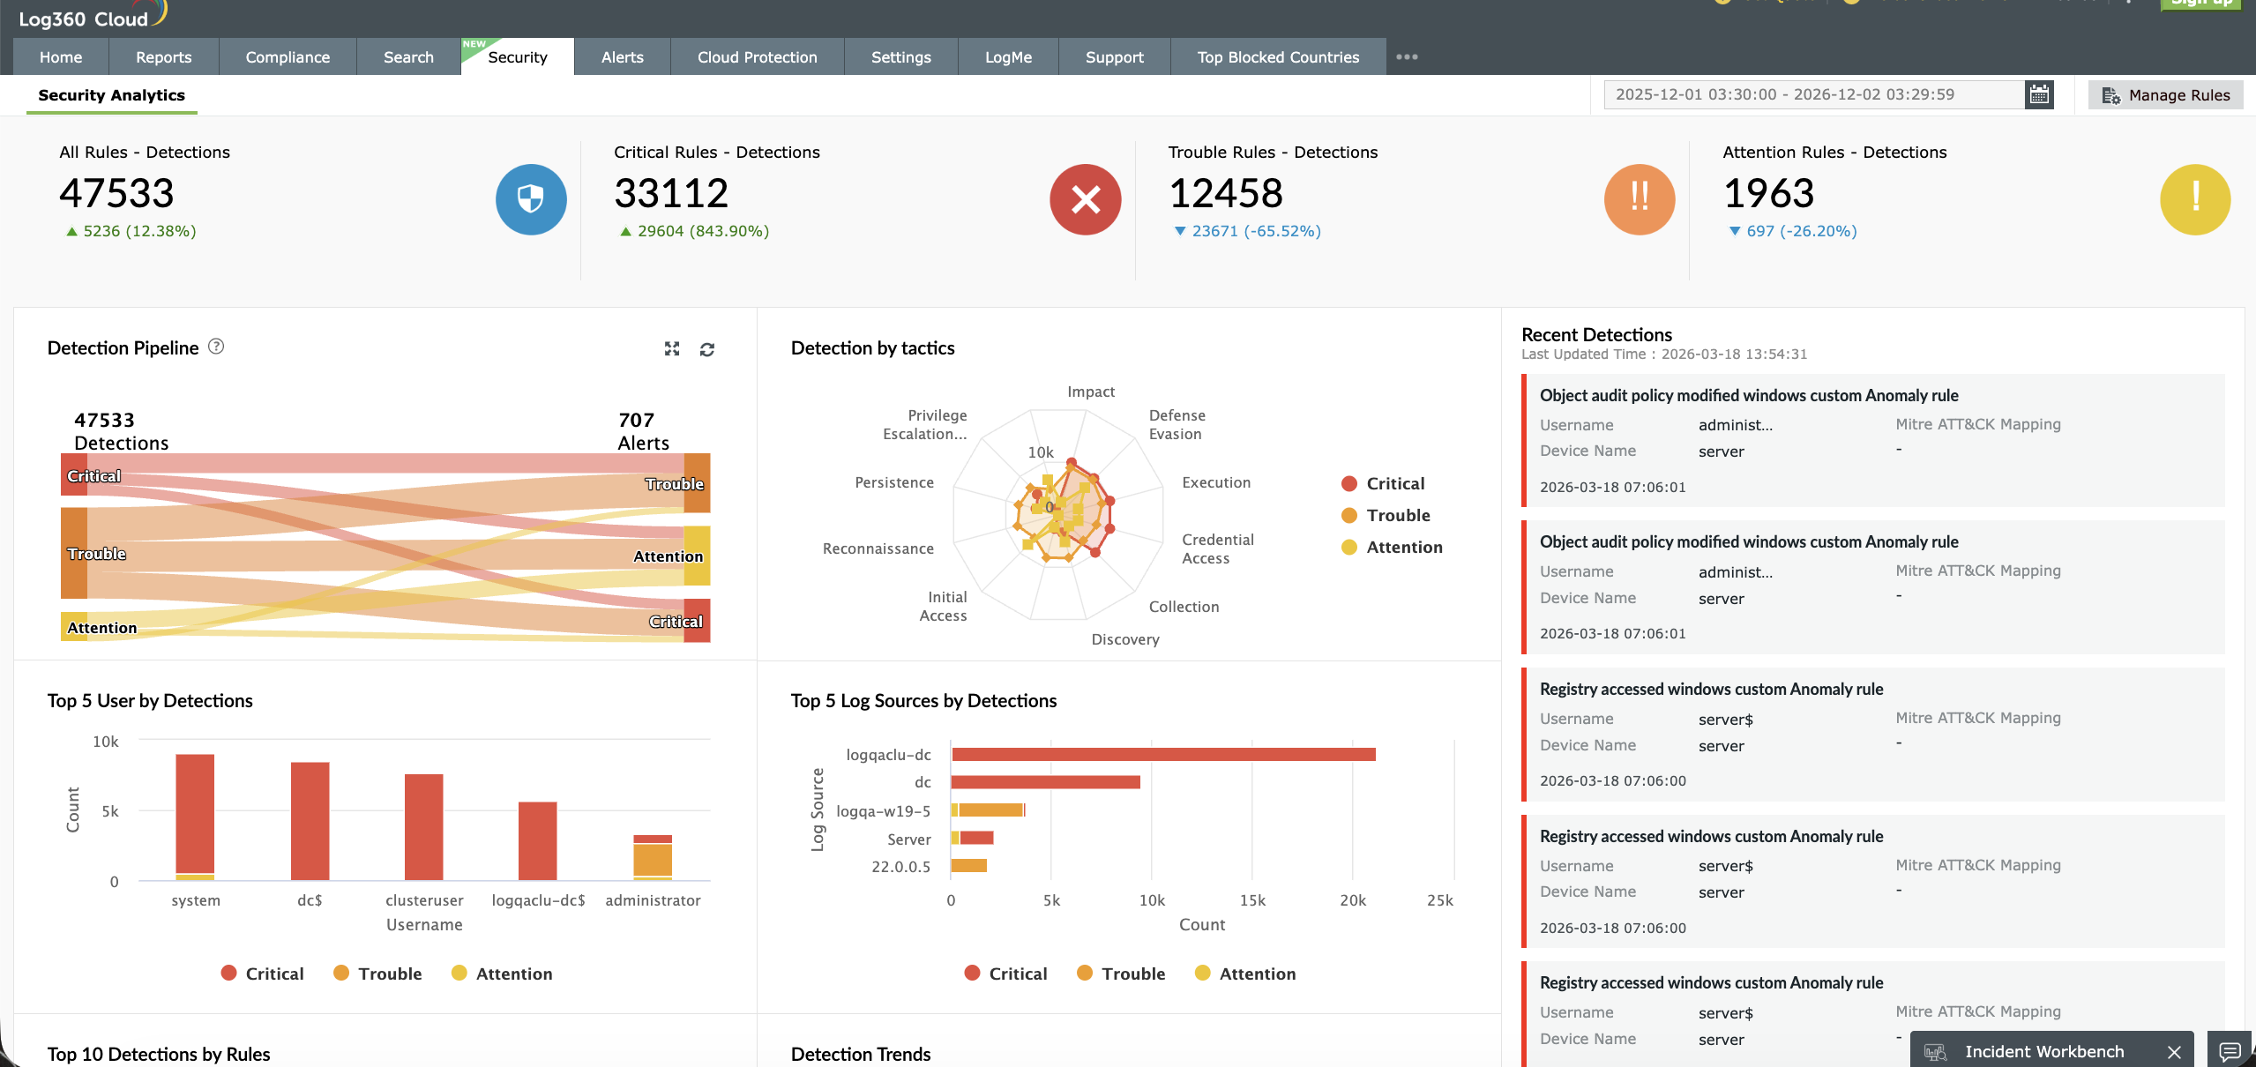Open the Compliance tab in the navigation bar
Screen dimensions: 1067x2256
click(x=288, y=57)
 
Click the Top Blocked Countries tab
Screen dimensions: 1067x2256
click(x=1277, y=57)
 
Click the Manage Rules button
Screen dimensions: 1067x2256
click(x=2165, y=95)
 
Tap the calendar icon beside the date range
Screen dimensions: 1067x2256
click(x=2038, y=94)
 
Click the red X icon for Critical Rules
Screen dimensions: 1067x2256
click(x=1085, y=199)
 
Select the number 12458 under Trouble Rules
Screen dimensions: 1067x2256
click(x=1225, y=193)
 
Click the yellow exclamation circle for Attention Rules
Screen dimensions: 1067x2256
click(x=2194, y=199)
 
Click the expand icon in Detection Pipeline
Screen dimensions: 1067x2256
click(x=672, y=349)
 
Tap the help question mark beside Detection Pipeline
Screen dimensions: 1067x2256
click(x=216, y=347)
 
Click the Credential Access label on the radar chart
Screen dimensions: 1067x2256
click(x=1216, y=548)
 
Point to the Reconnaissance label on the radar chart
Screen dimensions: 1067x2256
click(x=878, y=548)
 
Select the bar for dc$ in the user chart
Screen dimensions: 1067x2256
click(x=310, y=820)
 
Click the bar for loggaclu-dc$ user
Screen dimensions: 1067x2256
click(x=537, y=840)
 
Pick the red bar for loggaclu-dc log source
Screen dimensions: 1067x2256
click(x=1162, y=755)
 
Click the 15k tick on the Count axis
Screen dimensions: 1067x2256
click(x=1251, y=900)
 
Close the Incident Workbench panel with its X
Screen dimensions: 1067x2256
click(x=2174, y=1052)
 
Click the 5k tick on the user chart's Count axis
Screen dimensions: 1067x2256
click(x=110, y=811)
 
